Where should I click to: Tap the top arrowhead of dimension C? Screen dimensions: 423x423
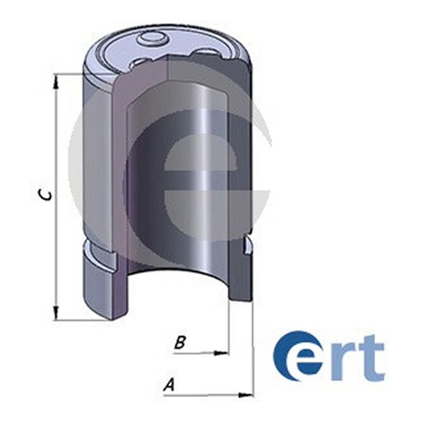tap(57, 82)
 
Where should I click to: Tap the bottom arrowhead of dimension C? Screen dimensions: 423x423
tap(57, 313)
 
